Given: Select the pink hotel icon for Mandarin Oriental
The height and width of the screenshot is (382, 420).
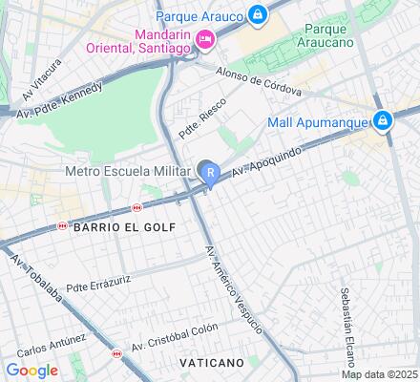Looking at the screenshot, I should click(x=203, y=39).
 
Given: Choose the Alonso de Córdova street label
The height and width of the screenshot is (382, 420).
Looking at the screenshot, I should click(x=259, y=82).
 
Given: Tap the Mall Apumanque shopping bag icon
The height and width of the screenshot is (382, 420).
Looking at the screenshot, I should click(x=382, y=120).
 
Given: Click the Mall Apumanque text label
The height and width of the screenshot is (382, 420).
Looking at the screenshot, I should click(x=320, y=121).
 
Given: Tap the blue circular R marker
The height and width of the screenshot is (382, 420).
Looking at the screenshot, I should click(x=209, y=172).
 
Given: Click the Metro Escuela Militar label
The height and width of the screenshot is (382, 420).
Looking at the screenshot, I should click(x=128, y=172).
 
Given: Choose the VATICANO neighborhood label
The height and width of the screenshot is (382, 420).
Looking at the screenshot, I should click(x=211, y=363).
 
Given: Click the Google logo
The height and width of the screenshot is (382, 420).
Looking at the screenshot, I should click(x=31, y=370).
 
